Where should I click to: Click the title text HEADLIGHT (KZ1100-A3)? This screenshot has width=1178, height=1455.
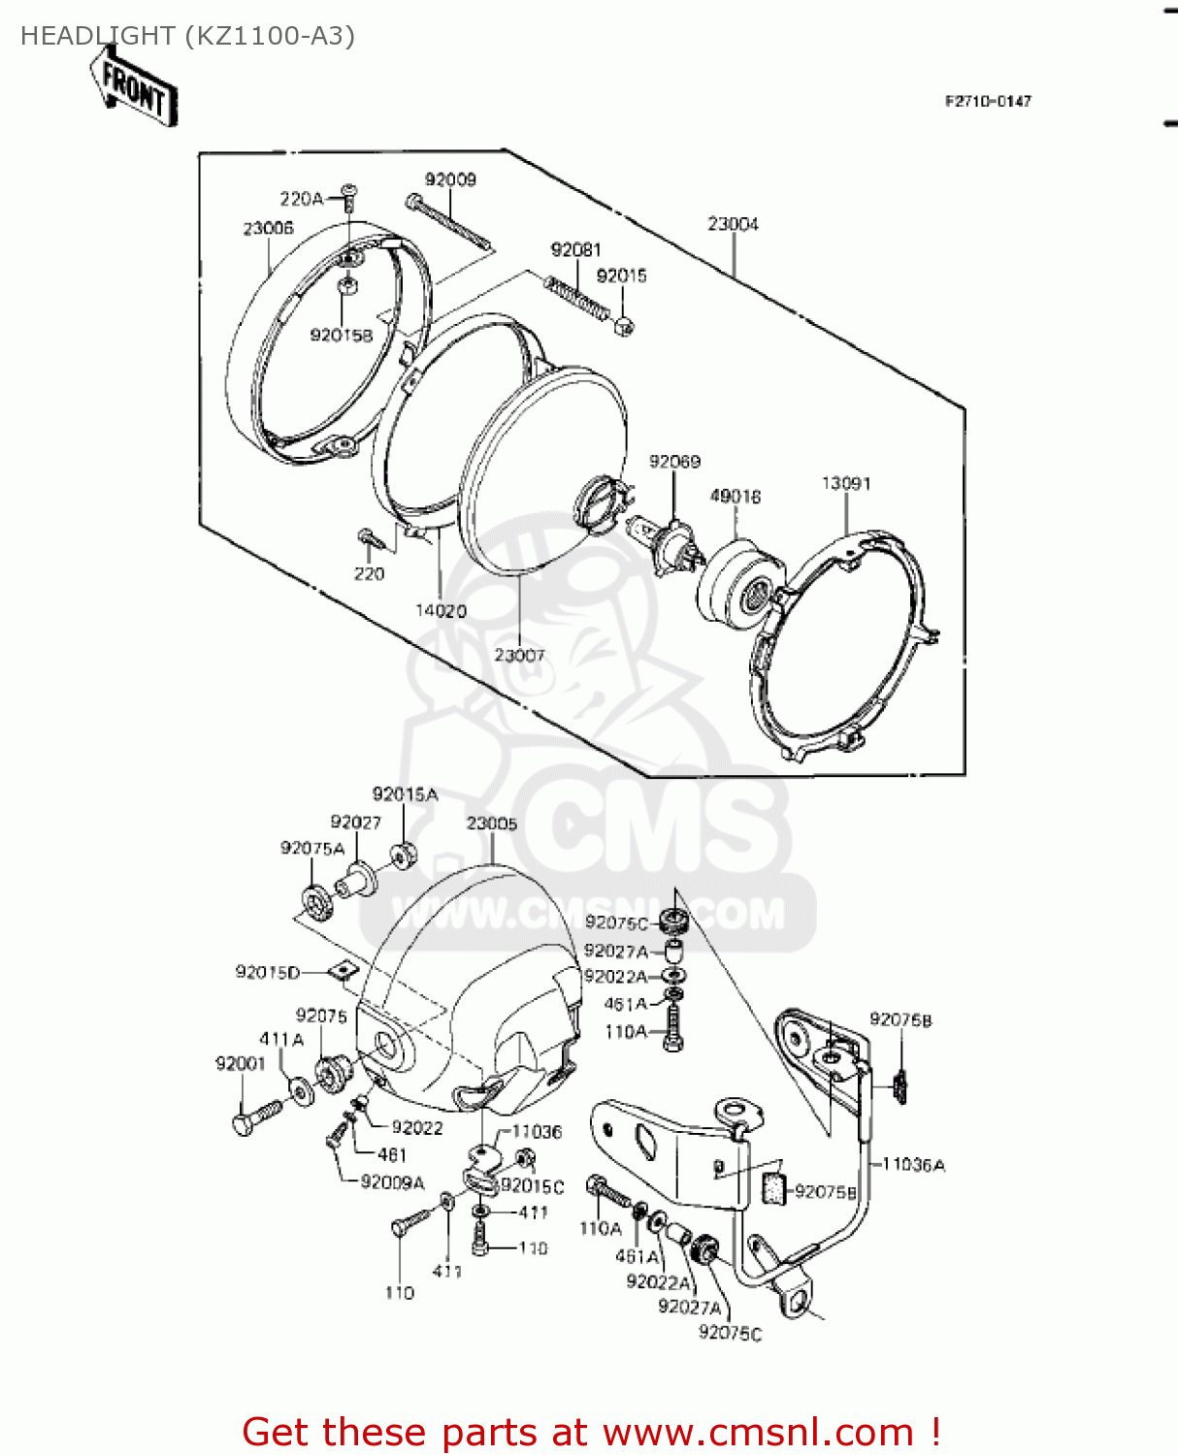point(187,36)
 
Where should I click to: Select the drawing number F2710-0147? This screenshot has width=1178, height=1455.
point(988,101)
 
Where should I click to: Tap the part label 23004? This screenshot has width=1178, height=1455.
point(733,224)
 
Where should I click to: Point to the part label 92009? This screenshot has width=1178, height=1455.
point(450,179)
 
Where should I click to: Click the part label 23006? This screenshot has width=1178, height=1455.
point(268,228)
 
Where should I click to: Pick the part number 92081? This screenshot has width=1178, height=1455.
point(575,249)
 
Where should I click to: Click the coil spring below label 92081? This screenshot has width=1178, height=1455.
point(576,296)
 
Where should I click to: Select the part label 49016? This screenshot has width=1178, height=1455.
point(735,497)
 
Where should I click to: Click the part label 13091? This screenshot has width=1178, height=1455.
point(846,483)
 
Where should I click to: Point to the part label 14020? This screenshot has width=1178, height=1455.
point(441,611)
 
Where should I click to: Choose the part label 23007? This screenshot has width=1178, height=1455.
point(519,655)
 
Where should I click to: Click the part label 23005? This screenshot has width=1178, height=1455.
point(492,824)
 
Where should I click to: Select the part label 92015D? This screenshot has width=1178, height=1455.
point(268,972)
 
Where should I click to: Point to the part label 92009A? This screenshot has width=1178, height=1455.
point(392,1182)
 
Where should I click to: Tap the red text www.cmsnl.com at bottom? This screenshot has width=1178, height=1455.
point(758,1432)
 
